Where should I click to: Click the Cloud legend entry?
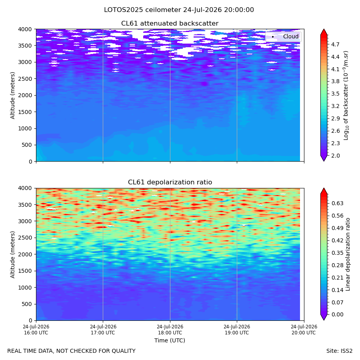pos(283,36)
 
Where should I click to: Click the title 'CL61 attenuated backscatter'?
pos(170,24)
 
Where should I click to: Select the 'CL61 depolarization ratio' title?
pos(170,182)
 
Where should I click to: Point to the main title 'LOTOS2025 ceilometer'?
pos(142,10)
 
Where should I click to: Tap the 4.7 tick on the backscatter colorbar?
pos(335,44)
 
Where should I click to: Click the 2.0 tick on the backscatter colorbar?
pos(335,156)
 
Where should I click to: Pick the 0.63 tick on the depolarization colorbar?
pos(338,203)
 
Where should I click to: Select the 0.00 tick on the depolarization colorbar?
pos(338,314)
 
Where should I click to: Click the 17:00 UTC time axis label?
pos(103,330)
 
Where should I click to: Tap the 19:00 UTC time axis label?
pos(237,330)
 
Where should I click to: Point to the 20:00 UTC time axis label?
pos(304,330)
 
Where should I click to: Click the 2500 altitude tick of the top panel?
pos(25,79)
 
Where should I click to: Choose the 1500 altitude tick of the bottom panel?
pos(25,271)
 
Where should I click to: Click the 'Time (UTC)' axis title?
pos(170,340)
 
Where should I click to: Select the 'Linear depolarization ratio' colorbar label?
pos(348,254)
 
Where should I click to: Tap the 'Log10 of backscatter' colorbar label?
pos(346,96)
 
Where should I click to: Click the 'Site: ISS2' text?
pos(339,351)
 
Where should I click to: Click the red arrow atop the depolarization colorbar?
pos(324,191)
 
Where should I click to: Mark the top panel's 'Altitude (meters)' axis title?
pos(13,96)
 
